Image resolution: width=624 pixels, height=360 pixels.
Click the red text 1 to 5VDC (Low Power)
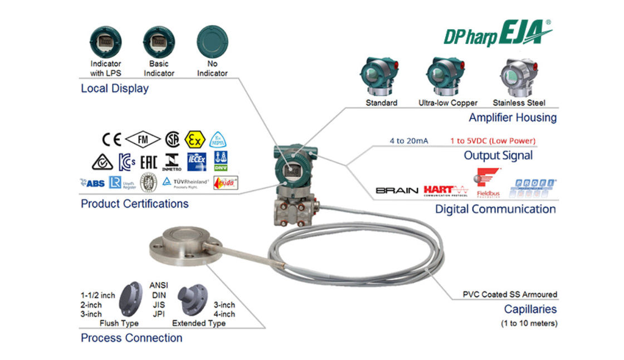tap(493, 141)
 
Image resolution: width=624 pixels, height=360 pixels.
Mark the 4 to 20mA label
tap(409, 141)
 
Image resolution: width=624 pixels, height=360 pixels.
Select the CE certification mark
tap(111, 139)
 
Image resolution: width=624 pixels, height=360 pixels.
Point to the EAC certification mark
tap(148, 162)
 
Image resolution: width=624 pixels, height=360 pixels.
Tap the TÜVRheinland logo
tap(186, 182)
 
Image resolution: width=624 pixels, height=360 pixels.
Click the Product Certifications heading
tap(135, 204)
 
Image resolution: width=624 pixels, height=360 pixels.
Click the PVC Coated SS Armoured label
tap(510, 294)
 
